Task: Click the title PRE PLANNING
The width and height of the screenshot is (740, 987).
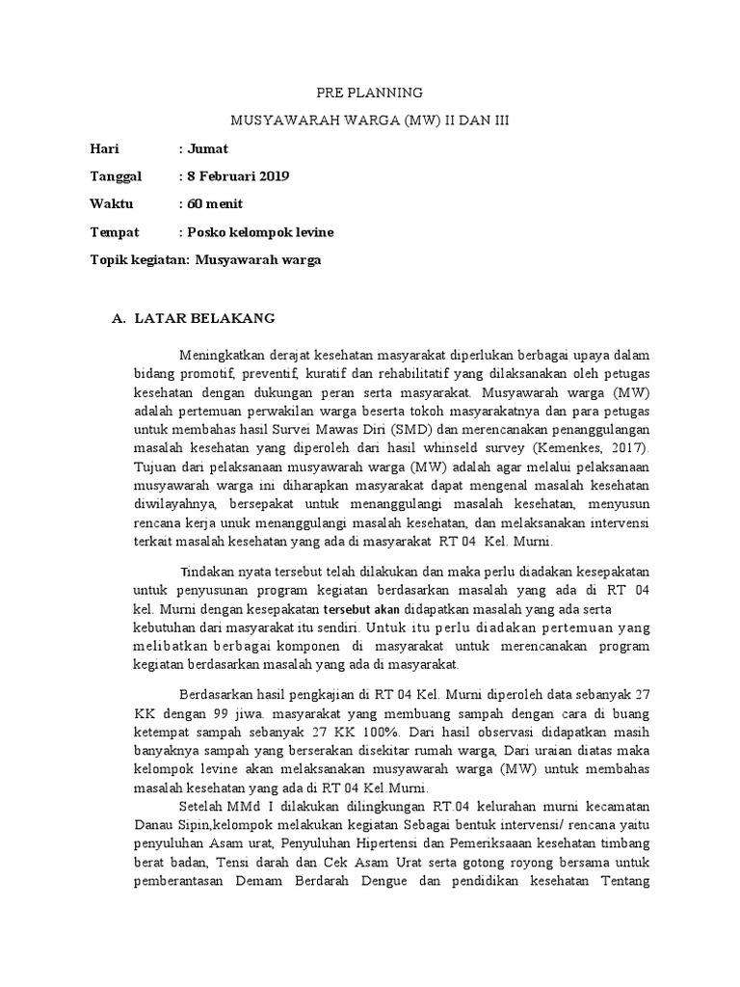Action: (370, 93)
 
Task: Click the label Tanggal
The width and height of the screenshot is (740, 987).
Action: (116, 177)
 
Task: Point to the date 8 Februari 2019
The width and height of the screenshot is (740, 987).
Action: (237, 177)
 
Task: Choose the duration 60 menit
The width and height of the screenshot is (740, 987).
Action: (216, 204)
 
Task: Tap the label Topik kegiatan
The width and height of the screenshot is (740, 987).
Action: (139, 260)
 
